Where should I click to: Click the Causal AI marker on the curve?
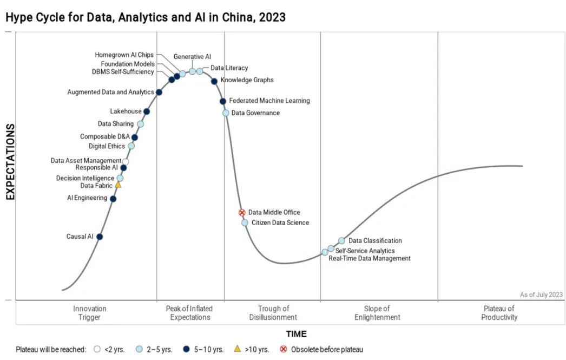pyautogui.click(x=100, y=237)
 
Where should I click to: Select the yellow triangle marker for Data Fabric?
pyautogui.click(x=118, y=185)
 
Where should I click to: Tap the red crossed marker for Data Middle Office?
pyautogui.click(x=242, y=213)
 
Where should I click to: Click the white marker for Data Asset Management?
pyautogui.click(x=126, y=161)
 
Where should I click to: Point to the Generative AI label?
pyautogui.click(x=192, y=57)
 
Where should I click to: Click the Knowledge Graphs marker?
pyautogui.click(x=214, y=81)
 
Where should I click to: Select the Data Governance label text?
pyautogui.click(x=255, y=113)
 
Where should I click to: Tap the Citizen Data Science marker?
pyautogui.click(x=245, y=222)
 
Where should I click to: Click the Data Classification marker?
pyautogui.click(x=341, y=240)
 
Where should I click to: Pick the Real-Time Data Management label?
pyautogui.click(x=370, y=259)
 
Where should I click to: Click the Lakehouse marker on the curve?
pyautogui.click(x=147, y=112)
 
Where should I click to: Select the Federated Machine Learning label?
pyautogui.click(x=269, y=101)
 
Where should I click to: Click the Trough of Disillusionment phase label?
pyautogui.click(x=273, y=313)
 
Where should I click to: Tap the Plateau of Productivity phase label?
pyautogui.click(x=499, y=313)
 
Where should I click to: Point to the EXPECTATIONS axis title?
pyautogui.click(x=10, y=162)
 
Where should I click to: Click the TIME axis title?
pyautogui.click(x=296, y=334)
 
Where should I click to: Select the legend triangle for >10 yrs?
pyautogui.click(x=237, y=349)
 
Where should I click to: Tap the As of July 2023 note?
pyautogui.click(x=541, y=294)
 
